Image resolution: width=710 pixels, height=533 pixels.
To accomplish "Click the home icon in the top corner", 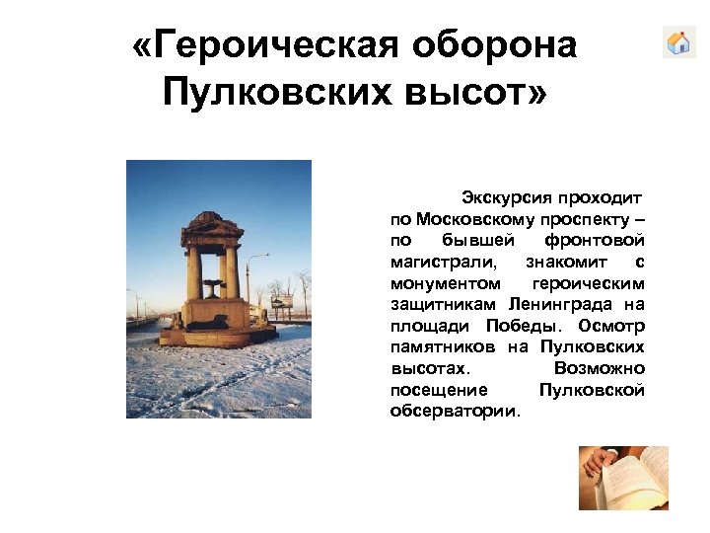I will (x=678, y=42).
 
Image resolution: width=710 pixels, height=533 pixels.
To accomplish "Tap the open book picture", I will (x=622, y=478).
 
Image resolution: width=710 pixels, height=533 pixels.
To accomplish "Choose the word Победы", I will (x=528, y=326).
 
